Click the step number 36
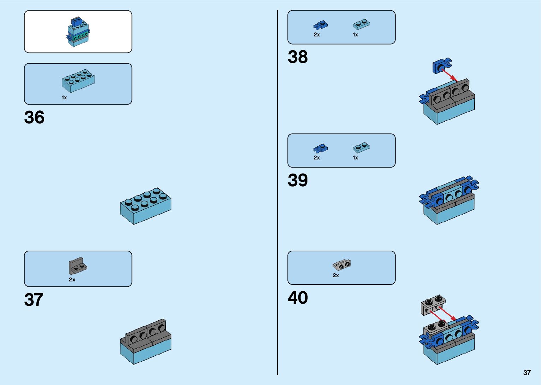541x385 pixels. tap(34, 118)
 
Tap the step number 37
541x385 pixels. tap(34, 300)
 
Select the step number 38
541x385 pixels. tap(298, 57)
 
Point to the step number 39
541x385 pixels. tap(298, 180)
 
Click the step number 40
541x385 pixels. tap(298, 298)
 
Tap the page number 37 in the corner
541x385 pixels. tap(527, 373)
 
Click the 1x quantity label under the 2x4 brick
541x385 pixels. tap(64, 98)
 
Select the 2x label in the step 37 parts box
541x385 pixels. tap(72, 280)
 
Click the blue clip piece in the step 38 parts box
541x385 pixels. tap(321, 25)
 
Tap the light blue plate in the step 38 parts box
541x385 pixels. tap(361, 24)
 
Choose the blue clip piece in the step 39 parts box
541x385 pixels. tap(321, 148)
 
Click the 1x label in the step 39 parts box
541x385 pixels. tap(355, 158)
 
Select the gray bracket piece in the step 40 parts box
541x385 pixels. tap(341, 264)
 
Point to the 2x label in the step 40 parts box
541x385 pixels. tap(336, 275)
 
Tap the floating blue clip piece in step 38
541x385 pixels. tap(442, 66)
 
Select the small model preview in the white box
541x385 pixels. tap(78, 32)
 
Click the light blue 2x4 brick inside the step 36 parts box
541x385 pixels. tap(78, 81)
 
